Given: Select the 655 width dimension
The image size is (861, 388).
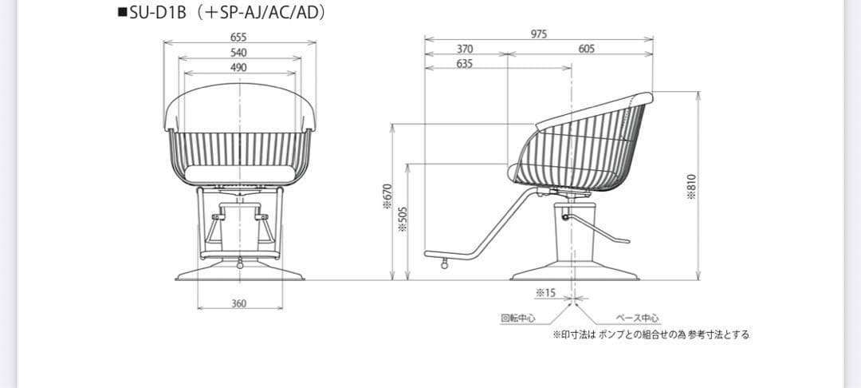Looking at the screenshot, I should coord(238,37).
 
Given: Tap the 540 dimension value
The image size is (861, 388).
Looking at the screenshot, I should coord(238,53).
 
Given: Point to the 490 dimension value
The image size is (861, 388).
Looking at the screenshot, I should coord(238,68).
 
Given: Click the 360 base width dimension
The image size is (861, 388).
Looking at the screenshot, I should coord(238,303).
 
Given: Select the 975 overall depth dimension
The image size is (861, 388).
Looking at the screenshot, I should coord(538,34).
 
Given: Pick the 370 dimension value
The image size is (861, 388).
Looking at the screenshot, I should coord(465,49).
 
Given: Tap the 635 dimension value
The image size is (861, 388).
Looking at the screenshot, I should coord(465,64).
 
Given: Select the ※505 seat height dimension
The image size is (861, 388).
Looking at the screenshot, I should coord(403,220).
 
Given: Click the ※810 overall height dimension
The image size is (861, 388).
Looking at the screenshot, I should coord(692,188).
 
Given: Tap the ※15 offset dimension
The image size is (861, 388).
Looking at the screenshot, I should coord(545,293).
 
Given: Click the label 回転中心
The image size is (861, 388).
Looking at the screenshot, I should coord(517,318).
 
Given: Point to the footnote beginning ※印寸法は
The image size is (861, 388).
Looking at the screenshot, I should coord(651,335).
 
